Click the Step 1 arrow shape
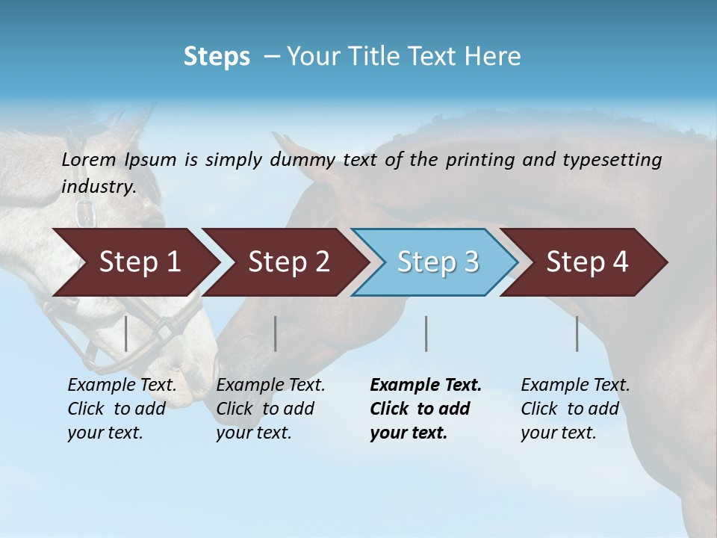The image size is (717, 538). pyautogui.click(x=138, y=262)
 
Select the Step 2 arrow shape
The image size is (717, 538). pyautogui.click(x=288, y=262)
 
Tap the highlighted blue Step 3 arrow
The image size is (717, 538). pyautogui.click(x=437, y=262)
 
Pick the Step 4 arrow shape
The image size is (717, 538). pyautogui.click(x=586, y=262)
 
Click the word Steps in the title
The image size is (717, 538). pyautogui.click(x=217, y=56)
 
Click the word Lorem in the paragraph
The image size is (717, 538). pyautogui.click(x=88, y=159)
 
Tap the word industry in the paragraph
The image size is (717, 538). pyautogui.click(x=99, y=186)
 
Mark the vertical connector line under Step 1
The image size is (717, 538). pyautogui.click(x=126, y=333)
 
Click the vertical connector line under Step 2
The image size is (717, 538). pyautogui.click(x=276, y=333)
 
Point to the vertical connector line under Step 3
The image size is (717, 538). pyautogui.click(x=426, y=333)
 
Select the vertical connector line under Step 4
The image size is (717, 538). pyautogui.click(x=577, y=333)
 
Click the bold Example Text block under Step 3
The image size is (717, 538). pyautogui.click(x=425, y=409)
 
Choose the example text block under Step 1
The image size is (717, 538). pyautogui.click(x=122, y=409)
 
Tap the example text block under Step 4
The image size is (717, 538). pyautogui.click(x=575, y=409)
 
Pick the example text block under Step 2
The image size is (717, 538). pyautogui.click(x=270, y=409)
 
